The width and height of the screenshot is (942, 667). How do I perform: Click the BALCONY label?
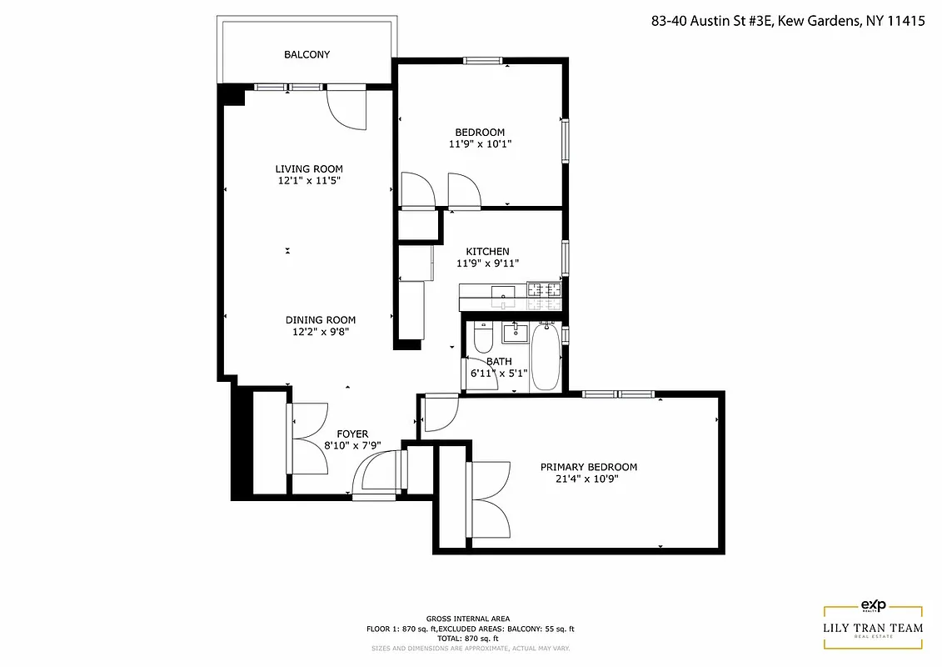pos(307,55)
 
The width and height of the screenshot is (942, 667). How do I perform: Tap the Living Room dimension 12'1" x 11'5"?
pos(309,180)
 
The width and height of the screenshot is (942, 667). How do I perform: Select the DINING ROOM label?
pos(320,320)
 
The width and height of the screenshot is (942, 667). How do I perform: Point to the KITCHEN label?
pos(487,252)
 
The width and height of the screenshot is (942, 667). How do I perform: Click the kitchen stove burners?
pos(543,290)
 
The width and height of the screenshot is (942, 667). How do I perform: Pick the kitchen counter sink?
pos(503,291)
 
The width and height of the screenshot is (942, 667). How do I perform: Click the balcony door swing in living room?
pos(346,108)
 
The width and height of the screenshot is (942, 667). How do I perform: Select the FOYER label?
pos(351,434)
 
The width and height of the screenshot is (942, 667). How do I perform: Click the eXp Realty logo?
pos(872,606)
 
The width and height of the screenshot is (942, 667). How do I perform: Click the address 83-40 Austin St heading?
pos(788,23)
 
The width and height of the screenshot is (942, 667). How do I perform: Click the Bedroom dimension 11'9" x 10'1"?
pos(479,143)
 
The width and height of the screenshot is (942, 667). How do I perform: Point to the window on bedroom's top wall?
pos(483,60)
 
